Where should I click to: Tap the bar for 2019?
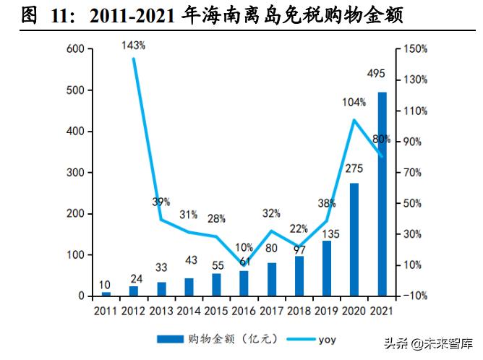coord(328,268)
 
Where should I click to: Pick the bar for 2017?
coord(271,279)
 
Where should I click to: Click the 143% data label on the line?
coord(133,45)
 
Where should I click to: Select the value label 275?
coord(354,168)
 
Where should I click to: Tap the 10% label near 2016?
coord(244,247)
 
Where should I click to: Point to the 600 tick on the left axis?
coord(76,49)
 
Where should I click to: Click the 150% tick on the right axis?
coord(417,49)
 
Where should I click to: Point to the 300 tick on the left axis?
coord(76,173)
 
